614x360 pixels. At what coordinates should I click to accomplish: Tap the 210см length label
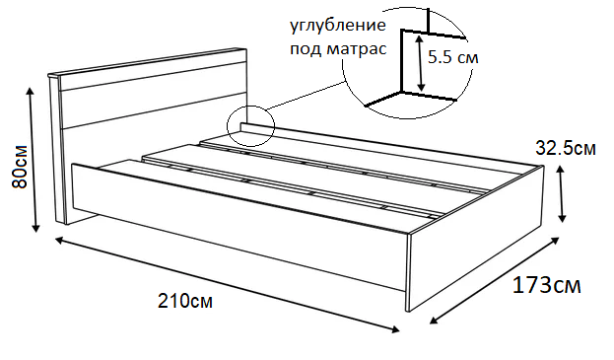[x=184, y=300]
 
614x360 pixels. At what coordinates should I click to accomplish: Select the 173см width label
[x=546, y=286]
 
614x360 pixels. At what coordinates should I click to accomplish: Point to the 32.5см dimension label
[x=565, y=149]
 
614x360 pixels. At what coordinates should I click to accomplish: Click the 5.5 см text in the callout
[x=453, y=58]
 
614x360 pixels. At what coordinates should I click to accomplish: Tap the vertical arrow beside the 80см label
[x=36, y=158]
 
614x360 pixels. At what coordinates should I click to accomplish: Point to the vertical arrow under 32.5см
[x=562, y=194]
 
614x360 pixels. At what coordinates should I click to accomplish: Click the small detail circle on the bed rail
[x=248, y=126]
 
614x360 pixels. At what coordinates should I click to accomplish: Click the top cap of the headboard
[x=148, y=59]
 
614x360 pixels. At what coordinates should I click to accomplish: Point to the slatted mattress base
[x=325, y=178]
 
